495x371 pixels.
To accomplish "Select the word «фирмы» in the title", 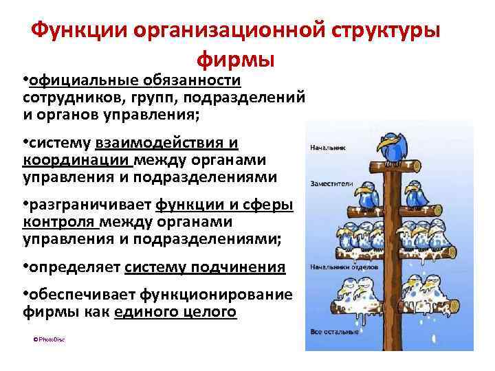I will coord(236,60).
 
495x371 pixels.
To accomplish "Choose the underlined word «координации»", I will coord(76,160).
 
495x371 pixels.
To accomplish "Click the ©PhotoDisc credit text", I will coord(49,339).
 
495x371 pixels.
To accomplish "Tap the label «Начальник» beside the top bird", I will coord(327,147).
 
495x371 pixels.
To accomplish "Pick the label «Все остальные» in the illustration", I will coord(329,333).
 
